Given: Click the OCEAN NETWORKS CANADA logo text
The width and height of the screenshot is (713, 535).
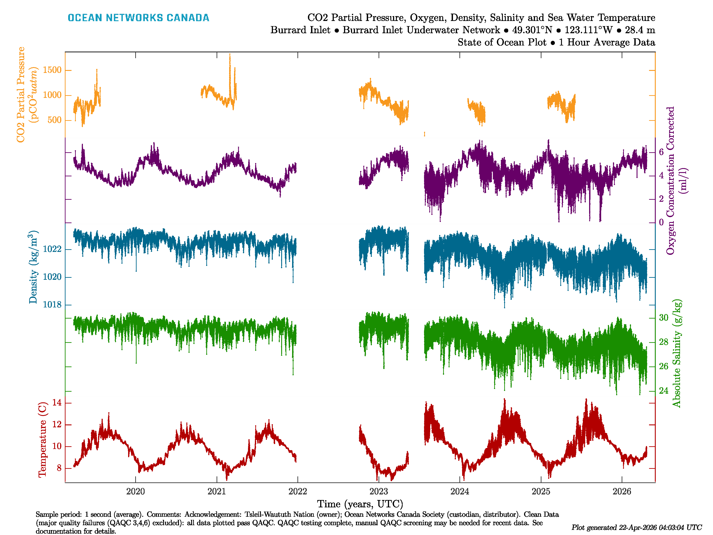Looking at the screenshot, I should [x=138, y=18].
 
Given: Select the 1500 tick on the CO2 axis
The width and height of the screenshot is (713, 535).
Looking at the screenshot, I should [x=52, y=70].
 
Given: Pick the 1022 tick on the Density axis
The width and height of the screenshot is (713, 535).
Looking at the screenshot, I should [x=52, y=249].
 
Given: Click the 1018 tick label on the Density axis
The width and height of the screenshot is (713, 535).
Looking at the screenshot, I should [x=52, y=305].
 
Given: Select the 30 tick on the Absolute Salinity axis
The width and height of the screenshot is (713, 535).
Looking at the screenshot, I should [x=663, y=318].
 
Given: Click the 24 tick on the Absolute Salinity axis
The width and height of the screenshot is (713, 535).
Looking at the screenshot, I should [x=663, y=391].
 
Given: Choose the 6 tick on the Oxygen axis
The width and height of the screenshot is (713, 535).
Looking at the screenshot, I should [x=661, y=152].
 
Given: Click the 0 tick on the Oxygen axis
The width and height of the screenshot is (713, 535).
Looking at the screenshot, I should [x=661, y=222].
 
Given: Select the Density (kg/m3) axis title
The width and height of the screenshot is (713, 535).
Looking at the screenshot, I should [x=33, y=267].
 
